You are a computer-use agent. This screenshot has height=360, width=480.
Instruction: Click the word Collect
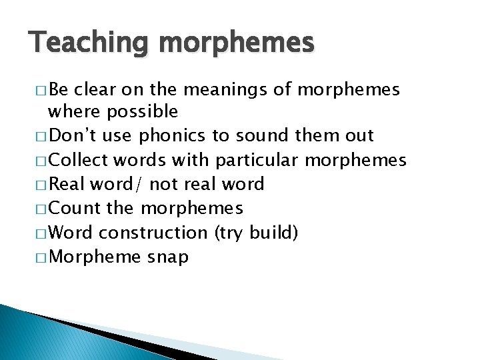click(79, 160)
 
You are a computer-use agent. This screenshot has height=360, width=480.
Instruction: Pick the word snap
click(167, 257)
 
